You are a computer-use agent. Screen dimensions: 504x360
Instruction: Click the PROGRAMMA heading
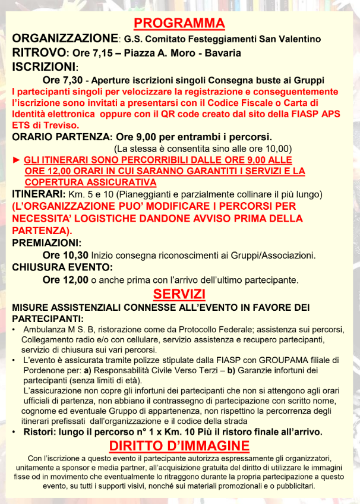pyautogui.click(x=179, y=24)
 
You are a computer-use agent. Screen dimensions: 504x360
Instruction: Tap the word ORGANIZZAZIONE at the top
pyautogui.click(x=64, y=39)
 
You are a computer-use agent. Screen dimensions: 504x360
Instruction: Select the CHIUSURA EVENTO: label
pyautogui.click(x=62, y=267)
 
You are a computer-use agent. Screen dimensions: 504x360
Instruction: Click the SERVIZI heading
pyautogui.click(x=179, y=294)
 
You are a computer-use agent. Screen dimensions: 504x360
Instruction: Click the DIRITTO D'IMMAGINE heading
pyautogui.click(x=179, y=446)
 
